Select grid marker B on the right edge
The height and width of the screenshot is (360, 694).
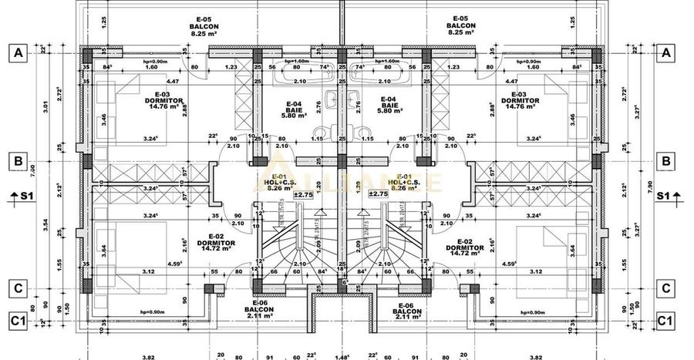click(665, 162)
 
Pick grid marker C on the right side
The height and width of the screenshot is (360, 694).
click(665, 289)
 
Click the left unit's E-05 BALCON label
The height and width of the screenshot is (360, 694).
click(204, 25)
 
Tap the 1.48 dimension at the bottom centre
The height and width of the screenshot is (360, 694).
click(342, 356)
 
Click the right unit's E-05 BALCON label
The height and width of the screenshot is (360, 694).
click(460, 25)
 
